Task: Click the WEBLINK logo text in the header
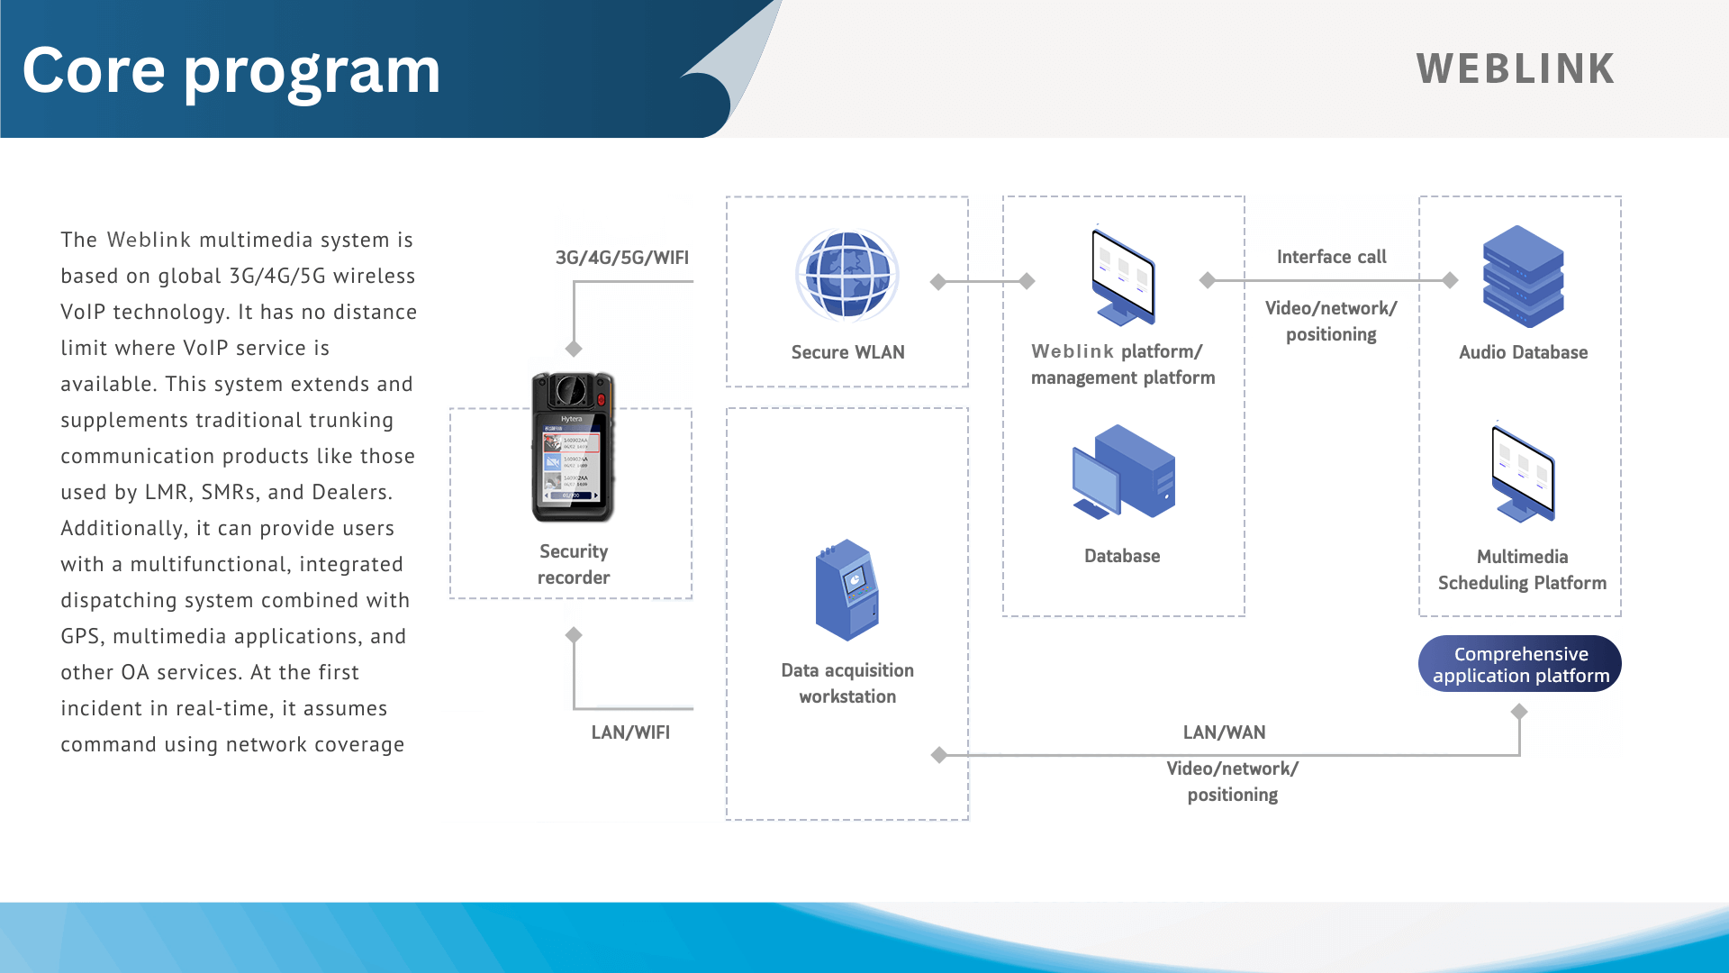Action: (x=1516, y=69)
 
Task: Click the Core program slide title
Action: (x=231, y=70)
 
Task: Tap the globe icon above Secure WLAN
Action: (x=846, y=275)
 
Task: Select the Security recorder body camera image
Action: (x=573, y=447)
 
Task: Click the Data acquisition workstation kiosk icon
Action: (x=846, y=590)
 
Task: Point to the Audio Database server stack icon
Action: (x=1523, y=276)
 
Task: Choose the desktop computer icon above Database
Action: (x=1124, y=471)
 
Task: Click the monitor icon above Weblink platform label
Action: (x=1123, y=277)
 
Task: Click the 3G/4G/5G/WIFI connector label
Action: (x=621, y=258)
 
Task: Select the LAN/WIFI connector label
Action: (x=630, y=732)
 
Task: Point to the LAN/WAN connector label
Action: (x=1224, y=732)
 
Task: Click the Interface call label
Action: (x=1331, y=257)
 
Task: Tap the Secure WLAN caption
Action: (x=847, y=352)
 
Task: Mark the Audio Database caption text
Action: (x=1523, y=352)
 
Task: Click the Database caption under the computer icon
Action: (x=1122, y=556)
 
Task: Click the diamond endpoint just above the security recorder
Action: (x=574, y=349)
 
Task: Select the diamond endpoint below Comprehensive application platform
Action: (x=1519, y=712)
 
